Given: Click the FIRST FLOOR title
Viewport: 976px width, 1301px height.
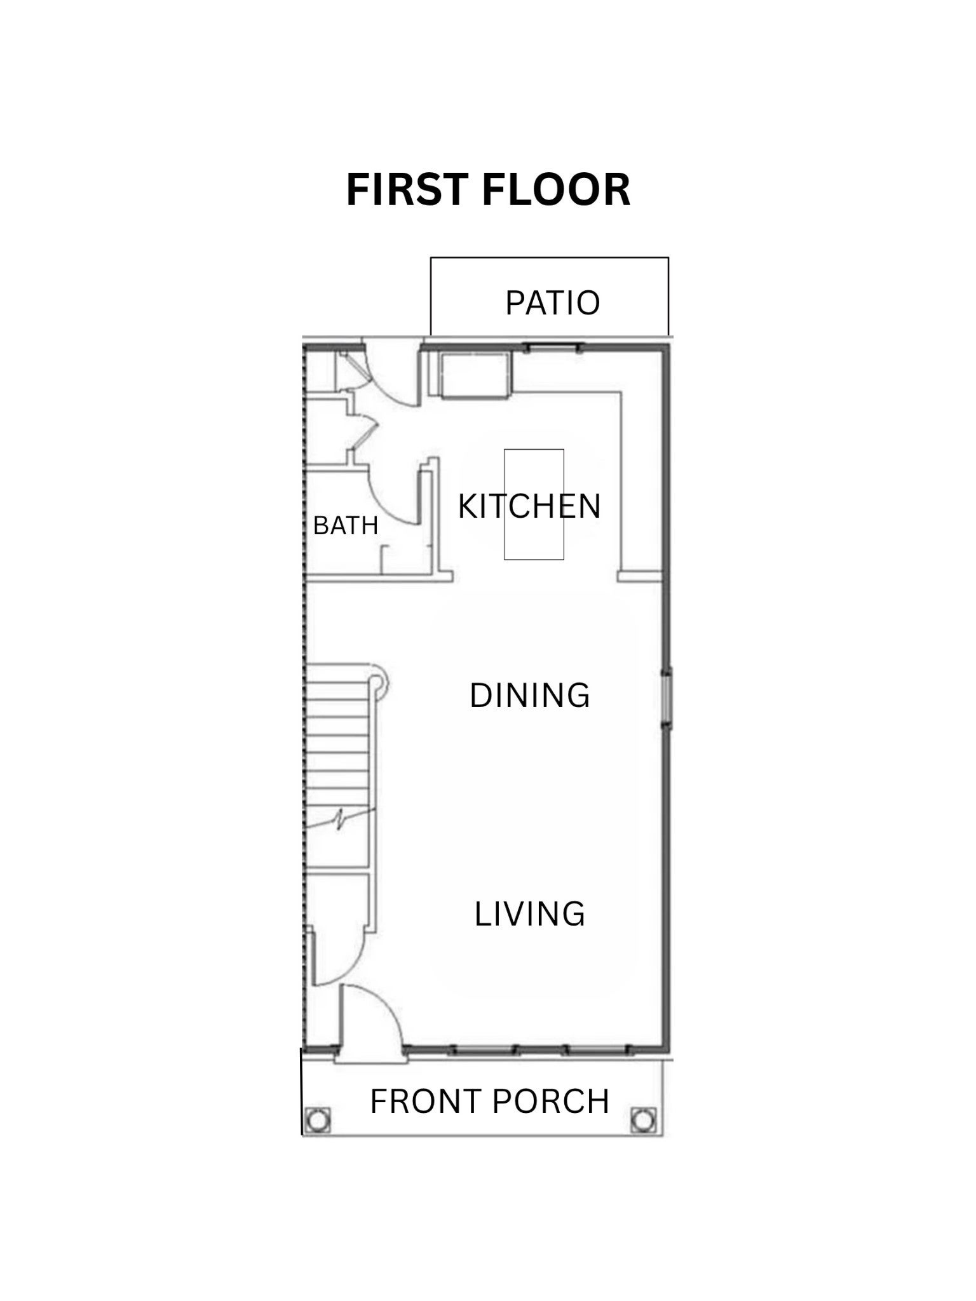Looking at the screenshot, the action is [x=488, y=190].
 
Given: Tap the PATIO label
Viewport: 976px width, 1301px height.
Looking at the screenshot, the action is [x=552, y=303].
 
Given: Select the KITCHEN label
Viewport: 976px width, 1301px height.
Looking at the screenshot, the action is [x=529, y=506].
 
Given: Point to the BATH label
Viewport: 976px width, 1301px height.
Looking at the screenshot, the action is [x=346, y=526].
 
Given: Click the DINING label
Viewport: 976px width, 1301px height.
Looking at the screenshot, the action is [x=530, y=696].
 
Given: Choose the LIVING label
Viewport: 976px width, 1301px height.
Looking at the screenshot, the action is [x=530, y=914].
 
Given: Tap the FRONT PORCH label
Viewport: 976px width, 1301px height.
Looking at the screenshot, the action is [x=490, y=1102].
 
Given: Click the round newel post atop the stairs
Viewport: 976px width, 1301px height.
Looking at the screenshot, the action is [x=378, y=681].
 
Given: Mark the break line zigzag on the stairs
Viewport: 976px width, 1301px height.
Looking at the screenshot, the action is [x=340, y=819].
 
